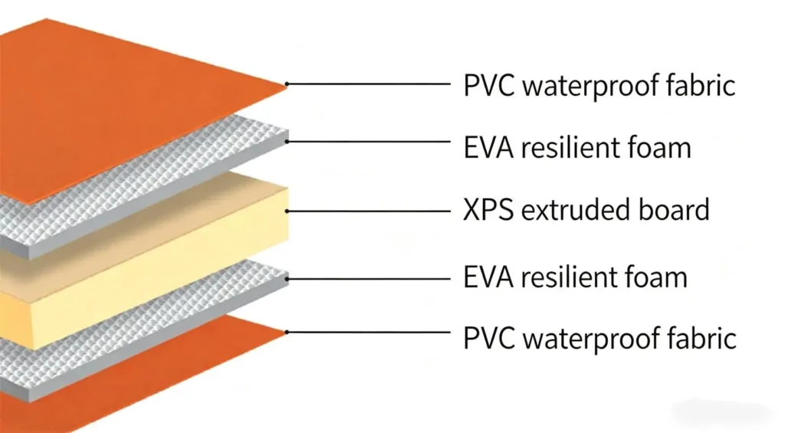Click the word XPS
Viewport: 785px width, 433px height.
tap(488, 210)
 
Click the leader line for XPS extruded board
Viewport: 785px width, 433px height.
tap(369, 212)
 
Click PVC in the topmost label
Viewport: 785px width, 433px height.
tap(488, 86)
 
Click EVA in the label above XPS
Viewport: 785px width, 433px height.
tap(488, 148)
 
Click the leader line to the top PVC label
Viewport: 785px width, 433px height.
tap(369, 84)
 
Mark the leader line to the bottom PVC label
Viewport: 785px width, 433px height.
tap(369, 332)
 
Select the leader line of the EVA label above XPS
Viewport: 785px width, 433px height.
tap(369, 142)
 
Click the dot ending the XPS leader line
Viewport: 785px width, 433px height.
tap(287, 212)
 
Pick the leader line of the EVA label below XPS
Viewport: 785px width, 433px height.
tap(369, 279)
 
